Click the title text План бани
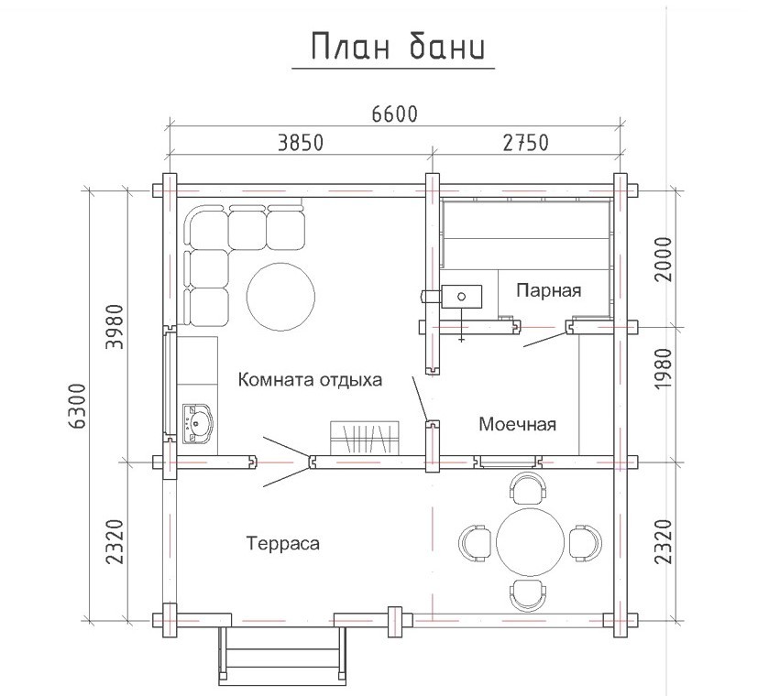click(x=398, y=47)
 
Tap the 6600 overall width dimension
click(x=394, y=114)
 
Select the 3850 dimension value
click(x=301, y=143)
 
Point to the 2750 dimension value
click(x=526, y=143)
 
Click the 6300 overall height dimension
click(x=77, y=407)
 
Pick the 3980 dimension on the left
click(x=115, y=327)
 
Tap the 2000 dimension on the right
click(x=664, y=259)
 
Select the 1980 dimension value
click(x=664, y=368)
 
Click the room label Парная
click(x=549, y=291)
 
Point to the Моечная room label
click(x=517, y=424)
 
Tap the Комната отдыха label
click(x=310, y=380)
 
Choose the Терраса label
click(x=283, y=543)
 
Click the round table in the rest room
click(x=280, y=297)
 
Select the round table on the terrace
click(x=531, y=541)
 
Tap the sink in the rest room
click(x=197, y=424)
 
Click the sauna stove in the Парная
click(x=461, y=297)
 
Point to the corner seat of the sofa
click(x=207, y=226)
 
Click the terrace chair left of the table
click(x=475, y=542)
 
